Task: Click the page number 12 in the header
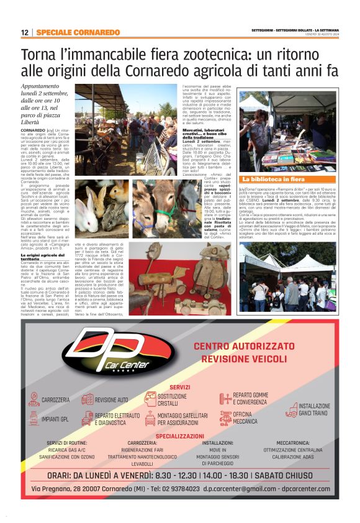(24, 32)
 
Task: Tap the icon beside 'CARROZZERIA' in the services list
(32, 399)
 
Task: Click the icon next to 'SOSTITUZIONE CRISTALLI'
(150, 399)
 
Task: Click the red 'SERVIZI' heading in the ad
(179, 387)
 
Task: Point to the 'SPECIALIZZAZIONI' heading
(180, 436)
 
